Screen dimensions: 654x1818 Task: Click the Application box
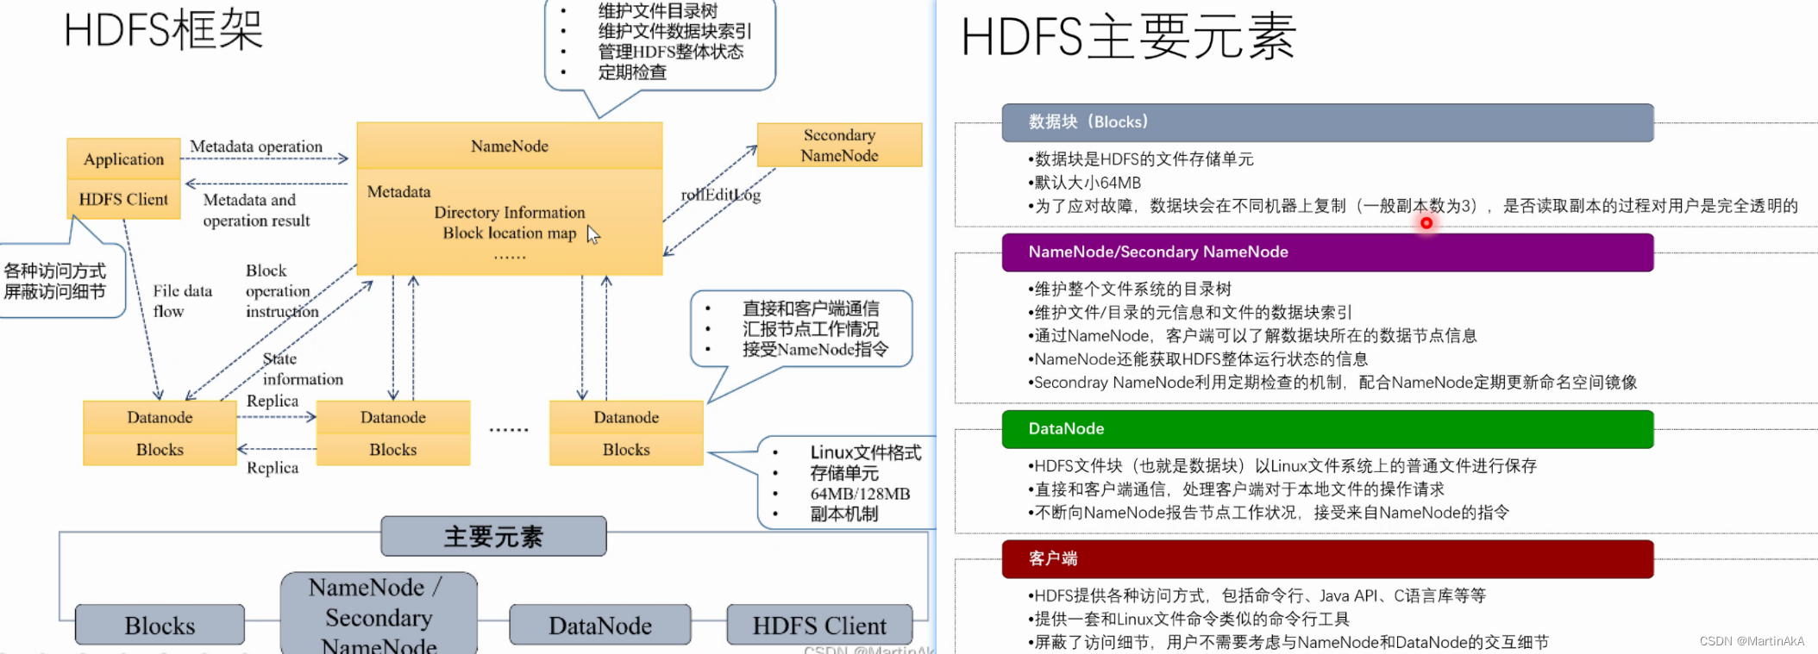click(x=123, y=159)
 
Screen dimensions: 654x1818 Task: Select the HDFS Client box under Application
click(x=123, y=199)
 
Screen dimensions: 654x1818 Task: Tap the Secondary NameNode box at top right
click(x=839, y=145)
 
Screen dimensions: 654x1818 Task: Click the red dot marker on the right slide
click(x=1426, y=223)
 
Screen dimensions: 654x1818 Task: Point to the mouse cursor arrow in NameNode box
click(x=592, y=234)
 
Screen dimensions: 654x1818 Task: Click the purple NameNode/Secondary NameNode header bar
click(x=1327, y=252)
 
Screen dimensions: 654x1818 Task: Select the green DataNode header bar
click(x=1327, y=429)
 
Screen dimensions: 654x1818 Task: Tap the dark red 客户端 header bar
click(x=1327, y=559)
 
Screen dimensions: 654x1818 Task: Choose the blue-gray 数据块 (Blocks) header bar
click(x=1327, y=122)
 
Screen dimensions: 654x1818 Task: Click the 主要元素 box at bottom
click(x=493, y=537)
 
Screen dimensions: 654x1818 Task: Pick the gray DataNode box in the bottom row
click(x=600, y=626)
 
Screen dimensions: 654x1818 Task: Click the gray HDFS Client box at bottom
click(x=819, y=626)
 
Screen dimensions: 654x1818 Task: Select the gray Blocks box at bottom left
click(x=160, y=626)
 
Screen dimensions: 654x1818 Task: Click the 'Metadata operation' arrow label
click(x=256, y=146)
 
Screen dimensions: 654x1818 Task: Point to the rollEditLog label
click(x=721, y=195)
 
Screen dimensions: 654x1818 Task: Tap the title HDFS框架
click(x=163, y=30)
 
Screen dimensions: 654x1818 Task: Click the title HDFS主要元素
click(x=1128, y=37)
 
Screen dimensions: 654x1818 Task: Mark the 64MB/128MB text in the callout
click(x=860, y=494)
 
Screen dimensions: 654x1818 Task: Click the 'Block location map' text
click(x=509, y=233)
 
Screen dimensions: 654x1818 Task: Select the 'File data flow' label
click(x=182, y=301)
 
